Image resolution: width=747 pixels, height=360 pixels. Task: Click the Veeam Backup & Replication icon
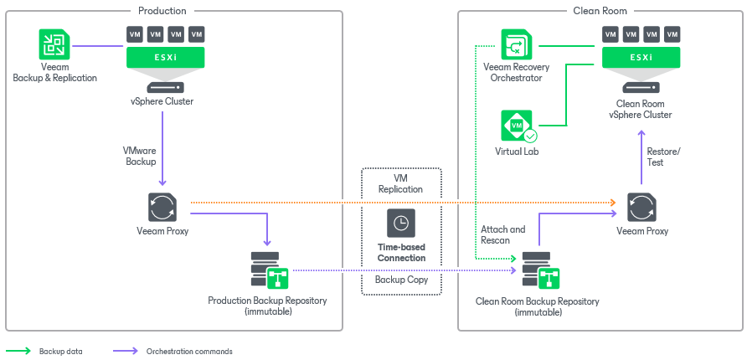pos(54,45)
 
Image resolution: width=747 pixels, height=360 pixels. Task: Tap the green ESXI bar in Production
pos(165,58)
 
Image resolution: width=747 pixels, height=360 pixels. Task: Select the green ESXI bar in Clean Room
pos(641,58)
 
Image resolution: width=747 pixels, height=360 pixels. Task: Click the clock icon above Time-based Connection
pos(401,224)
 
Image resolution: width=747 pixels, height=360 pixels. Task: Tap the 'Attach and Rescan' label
pos(502,234)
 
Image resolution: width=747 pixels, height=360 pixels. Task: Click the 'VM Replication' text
pos(401,183)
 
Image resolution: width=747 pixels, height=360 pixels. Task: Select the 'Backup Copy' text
pos(401,280)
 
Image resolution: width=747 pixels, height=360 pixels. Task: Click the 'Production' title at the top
pos(162,11)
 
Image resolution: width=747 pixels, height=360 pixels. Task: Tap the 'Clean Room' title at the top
pos(600,11)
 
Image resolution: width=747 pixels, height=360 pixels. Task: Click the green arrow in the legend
pos(18,352)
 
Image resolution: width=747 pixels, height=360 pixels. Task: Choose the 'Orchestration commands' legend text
pos(189,352)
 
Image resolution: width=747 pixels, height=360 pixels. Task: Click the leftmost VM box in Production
pos(135,34)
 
